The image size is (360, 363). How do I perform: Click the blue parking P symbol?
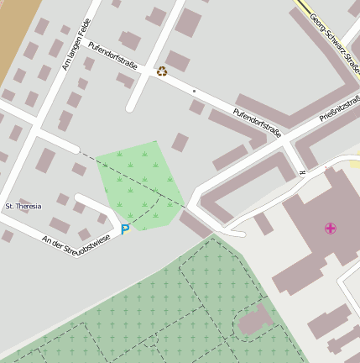pos(126,229)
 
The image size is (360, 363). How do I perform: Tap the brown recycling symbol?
pos(162,71)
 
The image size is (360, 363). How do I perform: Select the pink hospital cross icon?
pos(331,228)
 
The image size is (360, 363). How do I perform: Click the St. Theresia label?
pos(23,205)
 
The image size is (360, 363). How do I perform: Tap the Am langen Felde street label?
pos(76,45)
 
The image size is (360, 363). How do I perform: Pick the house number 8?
pos(302,173)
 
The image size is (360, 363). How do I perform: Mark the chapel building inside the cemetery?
pos(256,319)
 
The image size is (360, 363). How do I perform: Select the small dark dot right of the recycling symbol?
pos(194,90)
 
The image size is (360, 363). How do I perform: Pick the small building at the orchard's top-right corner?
pos(180,142)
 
